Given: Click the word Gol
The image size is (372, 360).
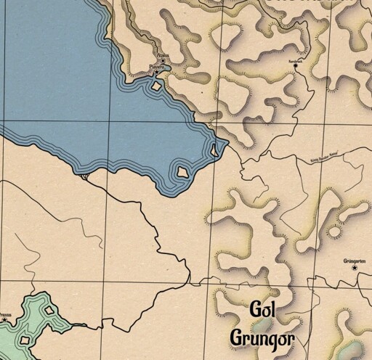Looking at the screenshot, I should coord(264,308).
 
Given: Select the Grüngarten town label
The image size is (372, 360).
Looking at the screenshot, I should coord(354,260).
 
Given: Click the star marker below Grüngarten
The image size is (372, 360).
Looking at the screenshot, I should coord(355,268).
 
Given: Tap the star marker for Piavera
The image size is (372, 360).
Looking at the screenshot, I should coord(157,73).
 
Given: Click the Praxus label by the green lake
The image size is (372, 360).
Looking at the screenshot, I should coord(6,314).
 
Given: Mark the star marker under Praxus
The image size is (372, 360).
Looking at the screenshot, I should coord(7,320).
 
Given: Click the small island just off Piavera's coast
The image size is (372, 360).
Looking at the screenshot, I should coord(156,87).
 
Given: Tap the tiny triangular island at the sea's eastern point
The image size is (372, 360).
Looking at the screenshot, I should coord(214,150).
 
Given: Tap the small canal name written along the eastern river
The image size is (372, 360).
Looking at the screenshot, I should coord(325,154).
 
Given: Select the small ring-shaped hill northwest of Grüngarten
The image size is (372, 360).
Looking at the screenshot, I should coord(334,234).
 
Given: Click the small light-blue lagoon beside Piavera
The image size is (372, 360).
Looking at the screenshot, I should coord(166,69).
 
